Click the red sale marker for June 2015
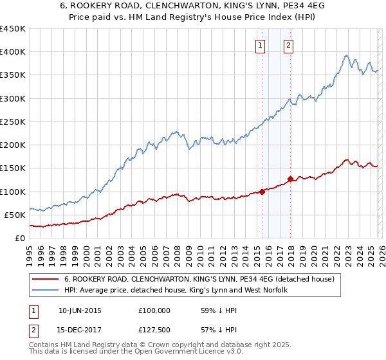coord(262,191)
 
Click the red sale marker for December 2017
coord(291,179)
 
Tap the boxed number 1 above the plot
coord(260,45)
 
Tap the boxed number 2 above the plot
coord(288,45)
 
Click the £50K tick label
coord(14,215)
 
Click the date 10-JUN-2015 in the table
coord(80,310)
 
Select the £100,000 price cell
coord(154,310)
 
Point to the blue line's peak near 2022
coord(346,55)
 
